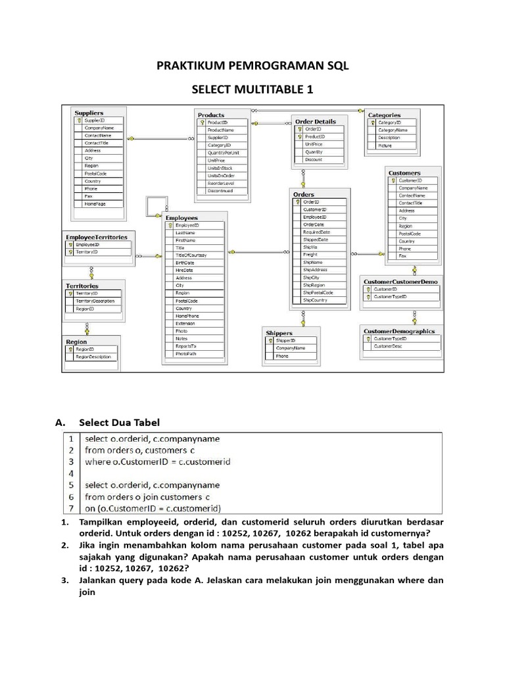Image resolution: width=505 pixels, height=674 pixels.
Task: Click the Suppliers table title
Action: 89,113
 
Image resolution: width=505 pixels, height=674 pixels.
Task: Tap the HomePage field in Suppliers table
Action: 95,204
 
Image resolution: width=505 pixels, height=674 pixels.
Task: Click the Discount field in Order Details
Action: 314,159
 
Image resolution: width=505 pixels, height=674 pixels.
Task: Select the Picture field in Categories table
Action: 385,145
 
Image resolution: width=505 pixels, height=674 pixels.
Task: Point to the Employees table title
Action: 181,218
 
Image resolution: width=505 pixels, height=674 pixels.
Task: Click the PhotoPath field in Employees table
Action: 185,353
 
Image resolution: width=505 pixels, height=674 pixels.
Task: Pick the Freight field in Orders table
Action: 310,255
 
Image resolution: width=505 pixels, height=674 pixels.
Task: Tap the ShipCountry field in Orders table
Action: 315,300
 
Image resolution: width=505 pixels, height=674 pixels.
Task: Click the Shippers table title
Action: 279,333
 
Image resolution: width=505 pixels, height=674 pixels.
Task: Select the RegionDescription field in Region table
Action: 93,357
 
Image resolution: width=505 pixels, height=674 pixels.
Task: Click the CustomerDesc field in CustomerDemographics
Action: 388,346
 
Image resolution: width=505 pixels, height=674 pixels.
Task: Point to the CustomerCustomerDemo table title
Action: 400,281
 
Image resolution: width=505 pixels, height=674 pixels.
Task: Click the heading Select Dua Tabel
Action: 119,422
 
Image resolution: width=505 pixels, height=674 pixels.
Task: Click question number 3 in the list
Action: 65,581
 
